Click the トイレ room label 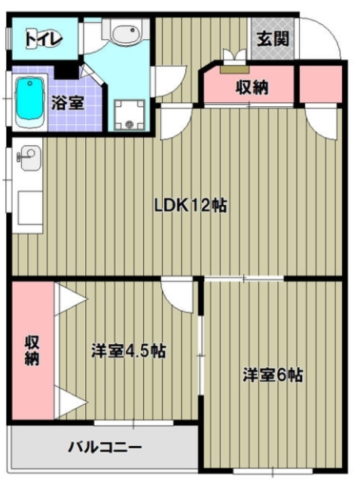click(x=42, y=37)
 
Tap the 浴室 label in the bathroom click(x=67, y=103)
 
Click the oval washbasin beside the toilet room click(x=124, y=34)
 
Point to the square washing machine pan click(x=131, y=113)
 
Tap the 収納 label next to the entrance click(x=252, y=87)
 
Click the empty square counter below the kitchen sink click(x=30, y=203)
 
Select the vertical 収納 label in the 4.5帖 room click(x=32, y=349)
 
